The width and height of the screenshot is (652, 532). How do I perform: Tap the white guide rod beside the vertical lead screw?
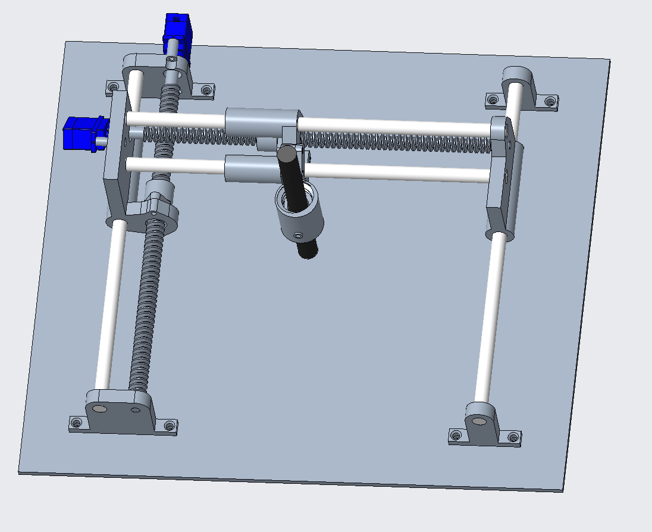point(112,303)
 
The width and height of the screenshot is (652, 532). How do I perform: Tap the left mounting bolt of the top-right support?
point(492,99)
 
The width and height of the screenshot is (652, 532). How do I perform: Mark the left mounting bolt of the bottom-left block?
point(76,424)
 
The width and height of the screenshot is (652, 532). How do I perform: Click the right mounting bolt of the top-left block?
point(206,90)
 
